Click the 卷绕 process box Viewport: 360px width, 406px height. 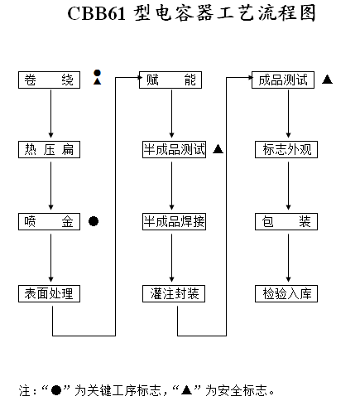[x=49, y=80]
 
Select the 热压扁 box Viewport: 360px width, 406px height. [x=49, y=149]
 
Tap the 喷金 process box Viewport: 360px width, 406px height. [x=49, y=221]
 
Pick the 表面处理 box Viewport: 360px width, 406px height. [x=49, y=293]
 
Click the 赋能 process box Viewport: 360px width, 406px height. [x=170, y=80]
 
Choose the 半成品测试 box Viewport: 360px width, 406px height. [x=174, y=149]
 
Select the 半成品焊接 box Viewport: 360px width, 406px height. [x=174, y=221]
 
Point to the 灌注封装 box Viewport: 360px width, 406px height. [x=174, y=293]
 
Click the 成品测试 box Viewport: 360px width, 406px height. [x=283, y=80]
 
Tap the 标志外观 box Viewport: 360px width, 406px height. [x=286, y=149]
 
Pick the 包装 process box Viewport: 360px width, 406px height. [x=286, y=221]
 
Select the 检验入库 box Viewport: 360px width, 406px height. [x=286, y=293]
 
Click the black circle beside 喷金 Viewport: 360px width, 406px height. [x=94, y=221]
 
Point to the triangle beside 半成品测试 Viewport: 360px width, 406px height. [x=218, y=149]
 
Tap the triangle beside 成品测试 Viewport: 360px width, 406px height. [x=327, y=80]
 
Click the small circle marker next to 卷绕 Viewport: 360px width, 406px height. [x=97, y=73]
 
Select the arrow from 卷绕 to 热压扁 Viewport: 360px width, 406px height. [x=50, y=114]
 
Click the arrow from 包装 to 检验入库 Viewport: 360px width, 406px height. [x=289, y=258]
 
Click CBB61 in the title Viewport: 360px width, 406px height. [x=96, y=13]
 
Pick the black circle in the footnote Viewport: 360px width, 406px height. [x=56, y=390]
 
